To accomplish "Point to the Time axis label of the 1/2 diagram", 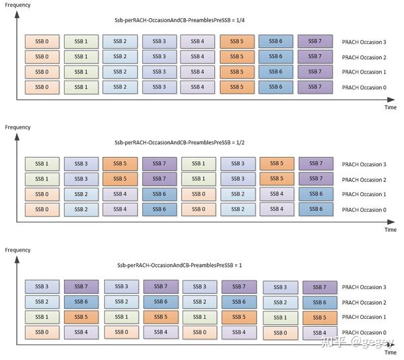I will pos(390,229).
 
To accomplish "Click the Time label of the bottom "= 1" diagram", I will pos(390,353).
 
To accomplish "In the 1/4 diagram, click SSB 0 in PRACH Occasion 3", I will pos(41,41).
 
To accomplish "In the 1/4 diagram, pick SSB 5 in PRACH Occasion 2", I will pos(236,56).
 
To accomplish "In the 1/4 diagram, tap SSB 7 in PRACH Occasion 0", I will pos(314,87).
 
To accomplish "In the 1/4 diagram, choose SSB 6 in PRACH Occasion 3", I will pos(275,41).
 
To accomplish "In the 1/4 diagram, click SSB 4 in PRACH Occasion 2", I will pos(197,56).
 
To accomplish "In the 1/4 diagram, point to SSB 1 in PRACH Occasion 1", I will pos(80,71).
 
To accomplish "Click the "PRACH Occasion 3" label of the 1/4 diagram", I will pos(364,42).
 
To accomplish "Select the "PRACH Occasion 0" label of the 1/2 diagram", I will pos(364,210).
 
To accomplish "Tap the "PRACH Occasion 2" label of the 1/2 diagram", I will pos(364,180).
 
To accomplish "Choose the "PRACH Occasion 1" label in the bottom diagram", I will pos(364,318).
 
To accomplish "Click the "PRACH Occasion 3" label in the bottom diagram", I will pos(364,288).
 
